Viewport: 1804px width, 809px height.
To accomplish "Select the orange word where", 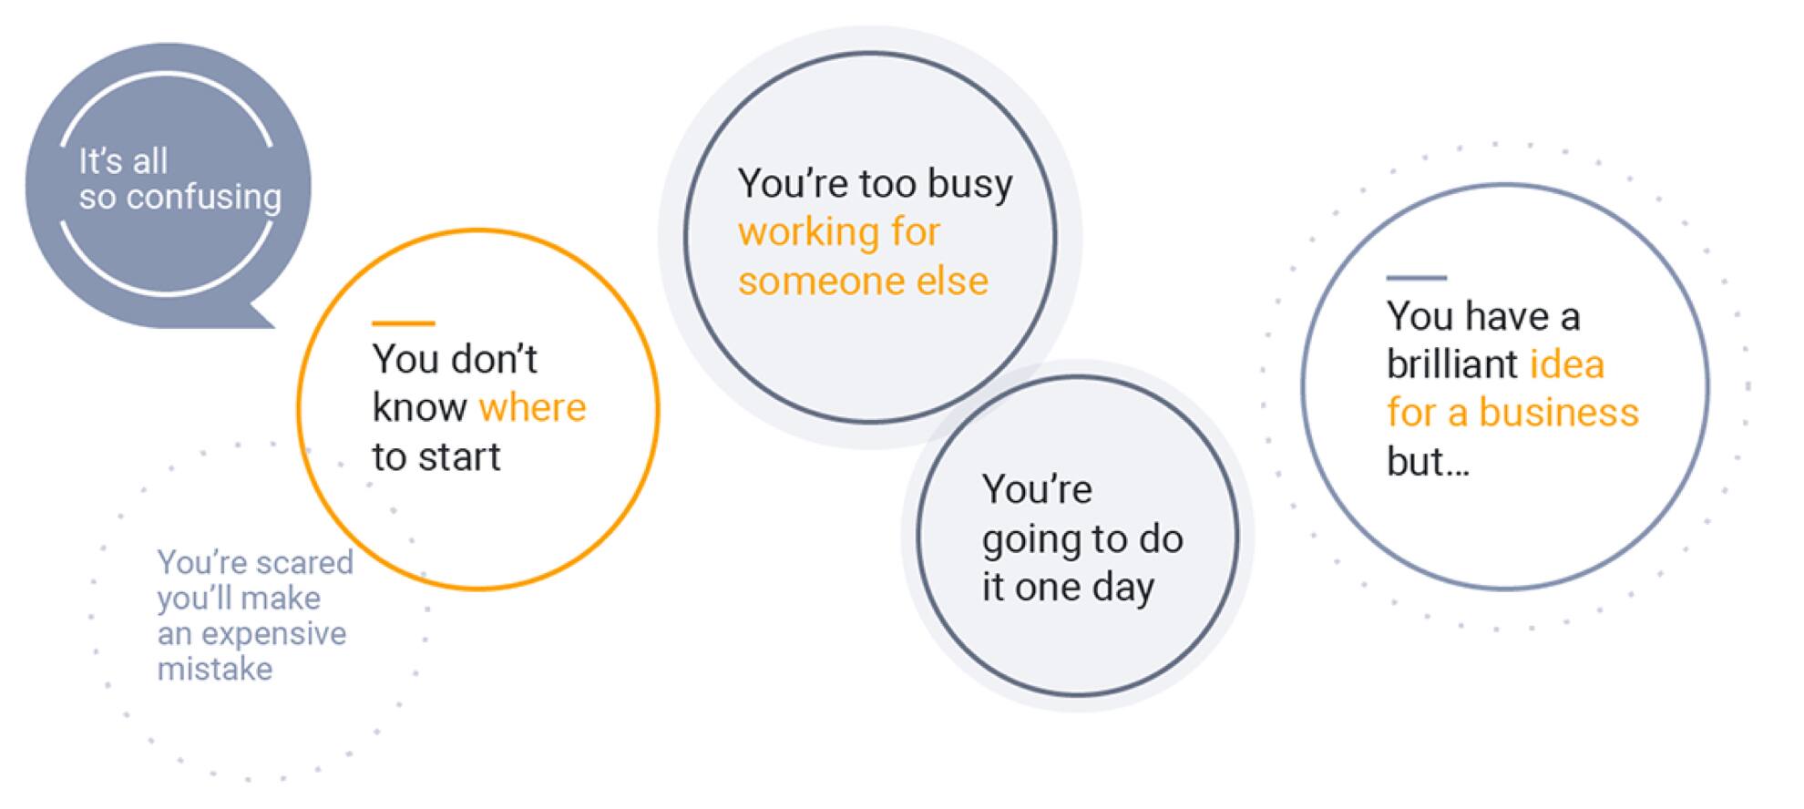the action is point(532,408).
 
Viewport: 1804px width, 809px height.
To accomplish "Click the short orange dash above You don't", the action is point(403,323).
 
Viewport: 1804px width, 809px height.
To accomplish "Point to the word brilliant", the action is point(1452,364).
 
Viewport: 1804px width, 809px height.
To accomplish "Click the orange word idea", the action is point(1566,364).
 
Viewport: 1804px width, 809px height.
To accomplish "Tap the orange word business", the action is point(1559,413).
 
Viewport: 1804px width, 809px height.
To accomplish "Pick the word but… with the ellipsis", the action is point(1428,462).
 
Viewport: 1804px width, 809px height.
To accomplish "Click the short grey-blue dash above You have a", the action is point(1416,277).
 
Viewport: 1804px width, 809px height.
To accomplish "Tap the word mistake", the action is point(215,670).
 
